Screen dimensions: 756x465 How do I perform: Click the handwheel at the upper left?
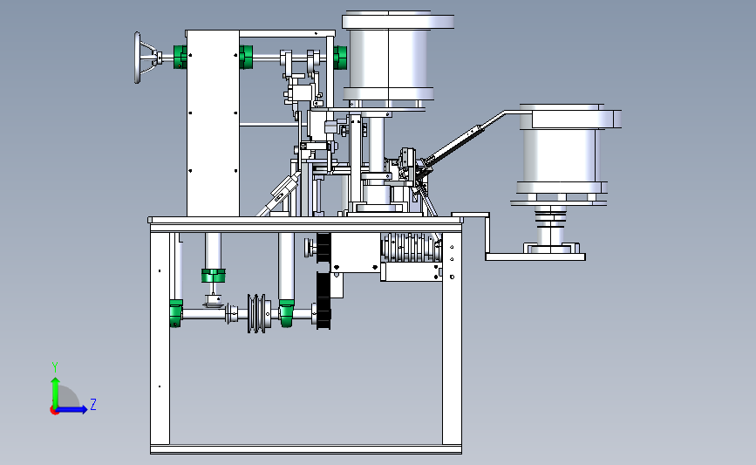(138, 58)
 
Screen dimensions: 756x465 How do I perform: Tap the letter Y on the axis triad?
(55, 367)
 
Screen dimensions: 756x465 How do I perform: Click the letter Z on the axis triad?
(93, 404)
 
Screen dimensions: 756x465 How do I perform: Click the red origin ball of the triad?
(54, 411)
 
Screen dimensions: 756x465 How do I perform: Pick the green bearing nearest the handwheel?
(180, 57)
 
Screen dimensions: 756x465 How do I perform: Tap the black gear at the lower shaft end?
(324, 300)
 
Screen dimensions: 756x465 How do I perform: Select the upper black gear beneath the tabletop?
(324, 248)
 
